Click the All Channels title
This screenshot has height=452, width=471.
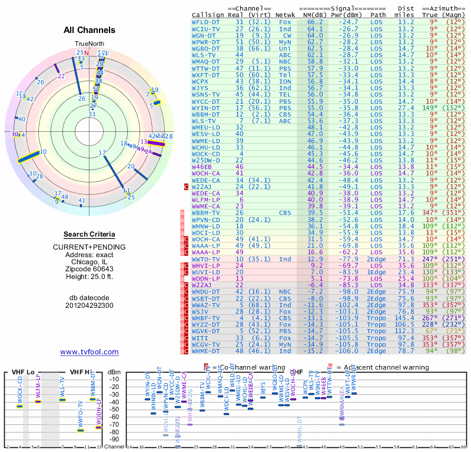pos(89,30)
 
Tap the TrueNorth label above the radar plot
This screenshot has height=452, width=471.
pos(89,44)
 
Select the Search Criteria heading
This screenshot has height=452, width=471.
pos(89,234)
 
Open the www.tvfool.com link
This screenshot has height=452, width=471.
pos(89,352)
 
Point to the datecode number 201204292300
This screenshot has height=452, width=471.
pos(89,305)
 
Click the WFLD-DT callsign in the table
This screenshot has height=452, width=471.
pos(206,22)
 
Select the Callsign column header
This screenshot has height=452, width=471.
pos(208,15)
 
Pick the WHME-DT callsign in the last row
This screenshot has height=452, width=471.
pos(206,351)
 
